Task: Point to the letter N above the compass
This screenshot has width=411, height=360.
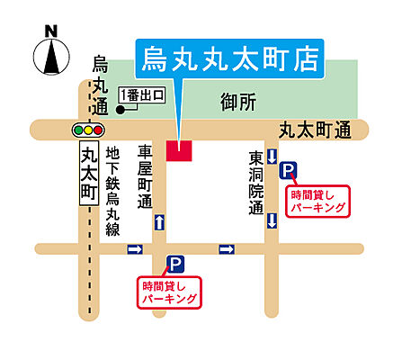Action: (51, 31)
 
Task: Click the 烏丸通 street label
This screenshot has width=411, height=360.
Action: (100, 86)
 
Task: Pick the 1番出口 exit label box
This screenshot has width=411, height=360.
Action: (145, 94)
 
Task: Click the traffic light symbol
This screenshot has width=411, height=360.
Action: (88, 130)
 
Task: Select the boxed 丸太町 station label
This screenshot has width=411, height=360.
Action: (88, 176)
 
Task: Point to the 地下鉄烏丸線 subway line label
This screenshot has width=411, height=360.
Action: (113, 192)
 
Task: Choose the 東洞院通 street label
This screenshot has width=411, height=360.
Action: (255, 183)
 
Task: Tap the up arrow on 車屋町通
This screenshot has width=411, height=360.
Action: (159, 221)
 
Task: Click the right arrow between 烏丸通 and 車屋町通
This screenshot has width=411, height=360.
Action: (135, 248)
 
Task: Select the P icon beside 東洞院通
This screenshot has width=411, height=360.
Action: (288, 168)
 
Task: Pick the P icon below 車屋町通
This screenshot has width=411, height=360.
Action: (175, 264)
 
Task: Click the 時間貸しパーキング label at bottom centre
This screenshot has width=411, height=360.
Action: (171, 292)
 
